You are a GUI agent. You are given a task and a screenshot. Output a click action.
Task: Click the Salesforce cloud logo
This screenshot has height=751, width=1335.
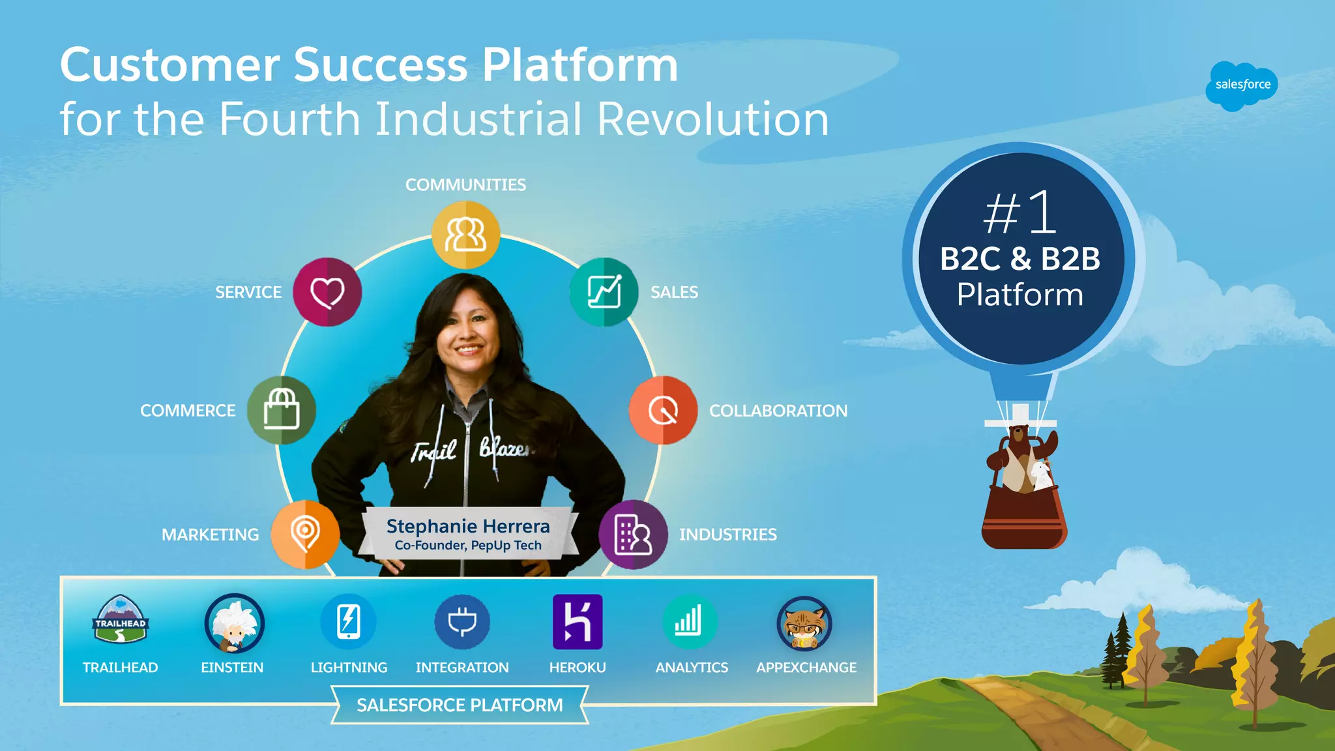click(1241, 85)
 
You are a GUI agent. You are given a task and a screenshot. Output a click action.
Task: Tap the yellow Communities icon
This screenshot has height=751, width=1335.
click(465, 235)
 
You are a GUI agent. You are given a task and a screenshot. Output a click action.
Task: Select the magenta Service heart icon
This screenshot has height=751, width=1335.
click(327, 292)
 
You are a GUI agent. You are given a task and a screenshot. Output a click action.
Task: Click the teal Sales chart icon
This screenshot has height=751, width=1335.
click(604, 291)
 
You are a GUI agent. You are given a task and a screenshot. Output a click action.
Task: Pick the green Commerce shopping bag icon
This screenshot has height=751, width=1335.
click(282, 410)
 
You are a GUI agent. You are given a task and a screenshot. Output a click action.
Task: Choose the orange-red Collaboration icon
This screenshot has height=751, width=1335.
click(663, 410)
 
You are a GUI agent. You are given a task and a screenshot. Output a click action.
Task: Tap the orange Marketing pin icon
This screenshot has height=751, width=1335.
click(305, 534)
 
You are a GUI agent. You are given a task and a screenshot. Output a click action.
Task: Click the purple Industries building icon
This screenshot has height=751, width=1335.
click(633, 535)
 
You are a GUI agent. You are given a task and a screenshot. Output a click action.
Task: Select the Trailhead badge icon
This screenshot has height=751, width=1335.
click(121, 620)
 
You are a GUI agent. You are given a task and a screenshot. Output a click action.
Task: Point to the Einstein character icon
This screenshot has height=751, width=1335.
click(234, 623)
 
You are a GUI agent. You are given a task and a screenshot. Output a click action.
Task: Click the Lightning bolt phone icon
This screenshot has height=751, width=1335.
click(349, 621)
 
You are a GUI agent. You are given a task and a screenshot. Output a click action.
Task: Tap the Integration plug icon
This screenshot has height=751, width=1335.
click(462, 622)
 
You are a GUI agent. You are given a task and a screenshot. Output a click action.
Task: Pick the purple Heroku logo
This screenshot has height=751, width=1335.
click(578, 622)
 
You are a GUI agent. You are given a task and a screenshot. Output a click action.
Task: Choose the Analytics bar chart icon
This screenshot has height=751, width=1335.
click(690, 622)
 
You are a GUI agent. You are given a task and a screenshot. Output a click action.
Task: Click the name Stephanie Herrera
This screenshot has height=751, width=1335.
click(468, 526)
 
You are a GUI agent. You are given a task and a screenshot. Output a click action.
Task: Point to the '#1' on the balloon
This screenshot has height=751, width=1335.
click(1020, 213)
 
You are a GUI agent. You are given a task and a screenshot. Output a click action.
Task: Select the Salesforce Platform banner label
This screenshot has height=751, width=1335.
click(460, 705)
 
